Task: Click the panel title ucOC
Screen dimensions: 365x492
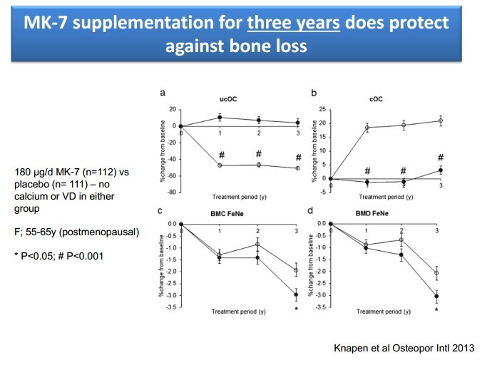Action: (227, 100)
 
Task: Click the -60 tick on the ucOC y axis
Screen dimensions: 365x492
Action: (172, 175)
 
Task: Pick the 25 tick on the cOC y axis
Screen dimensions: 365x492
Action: (322, 109)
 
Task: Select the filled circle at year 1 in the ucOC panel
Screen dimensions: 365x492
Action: (220, 118)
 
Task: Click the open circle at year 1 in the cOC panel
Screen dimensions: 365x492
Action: (367, 128)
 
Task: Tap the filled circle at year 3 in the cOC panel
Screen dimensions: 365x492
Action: (441, 170)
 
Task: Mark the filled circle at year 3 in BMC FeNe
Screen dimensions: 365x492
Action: (296, 294)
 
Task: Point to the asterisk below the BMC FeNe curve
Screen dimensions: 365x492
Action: (296, 308)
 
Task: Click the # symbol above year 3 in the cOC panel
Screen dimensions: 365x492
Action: (441, 158)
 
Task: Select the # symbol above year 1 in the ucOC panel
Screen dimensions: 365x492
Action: (222, 155)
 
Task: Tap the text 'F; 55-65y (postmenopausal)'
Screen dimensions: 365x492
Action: (77, 232)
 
